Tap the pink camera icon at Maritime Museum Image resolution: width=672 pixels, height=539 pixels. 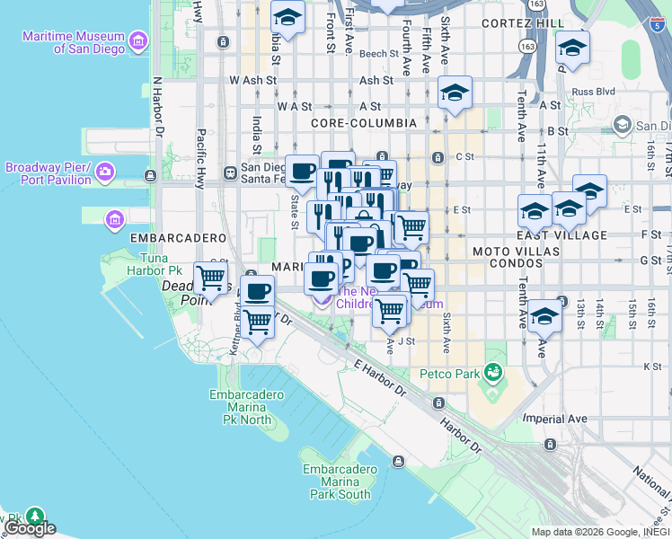137,40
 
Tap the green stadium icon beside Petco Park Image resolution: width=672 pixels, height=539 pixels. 492,371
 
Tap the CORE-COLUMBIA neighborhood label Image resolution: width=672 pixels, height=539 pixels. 363,122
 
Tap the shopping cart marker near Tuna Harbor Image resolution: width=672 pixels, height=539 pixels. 211,277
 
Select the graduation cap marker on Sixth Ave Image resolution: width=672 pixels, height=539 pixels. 455,93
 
